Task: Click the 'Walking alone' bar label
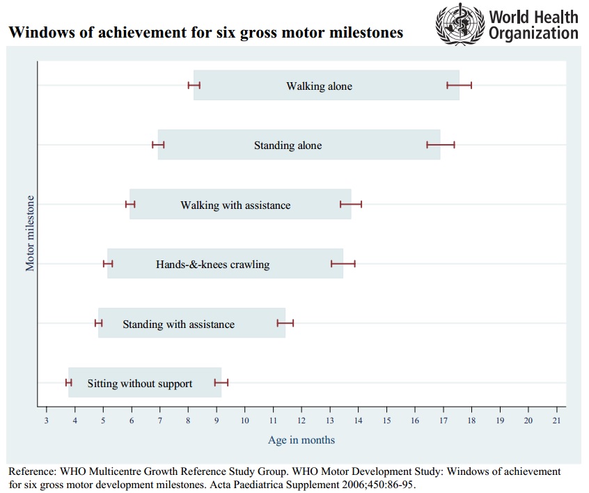pyautogui.click(x=319, y=86)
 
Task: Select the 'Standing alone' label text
pyautogui.click(x=288, y=146)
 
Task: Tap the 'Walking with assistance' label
pyautogui.click(x=235, y=205)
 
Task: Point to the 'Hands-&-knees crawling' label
pyautogui.click(x=212, y=265)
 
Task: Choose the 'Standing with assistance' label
pyautogui.click(x=178, y=324)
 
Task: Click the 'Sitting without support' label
pyautogui.click(x=139, y=384)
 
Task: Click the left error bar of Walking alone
pyautogui.click(x=194, y=86)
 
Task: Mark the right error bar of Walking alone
pyautogui.click(x=460, y=86)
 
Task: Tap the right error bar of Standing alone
pyautogui.click(x=441, y=145)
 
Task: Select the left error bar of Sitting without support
pyautogui.click(x=68, y=382)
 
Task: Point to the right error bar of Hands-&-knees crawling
pyautogui.click(x=343, y=264)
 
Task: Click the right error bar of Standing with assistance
pyautogui.click(x=285, y=323)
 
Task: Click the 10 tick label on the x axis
pyautogui.click(x=244, y=421)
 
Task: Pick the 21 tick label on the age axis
pyautogui.click(x=556, y=421)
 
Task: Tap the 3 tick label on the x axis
pyautogui.click(x=46, y=421)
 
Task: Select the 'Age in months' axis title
pyautogui.click(x=301, y=440)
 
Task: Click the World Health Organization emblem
pyautogui.click(x=458, y=24)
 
